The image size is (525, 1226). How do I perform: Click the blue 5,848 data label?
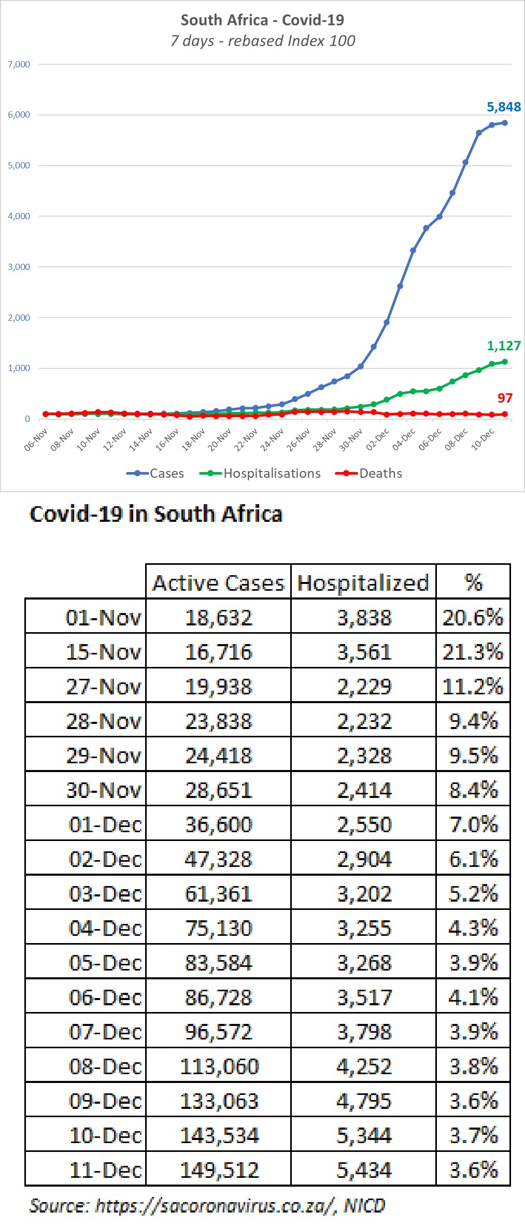pyautogui.click(x=503, y=107)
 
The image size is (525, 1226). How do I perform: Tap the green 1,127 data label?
pyautogui.click(x=503, y=346)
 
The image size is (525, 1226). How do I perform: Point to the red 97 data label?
pyautogui.click(x=505, y=398)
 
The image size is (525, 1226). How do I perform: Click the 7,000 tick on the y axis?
pyautogui.click(x=19, y=65)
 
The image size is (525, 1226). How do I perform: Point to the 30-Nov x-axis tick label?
pyautogui.click(x=351, y=440)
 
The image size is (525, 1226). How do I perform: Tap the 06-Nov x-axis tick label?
pyautogui.click(x=36, y=440)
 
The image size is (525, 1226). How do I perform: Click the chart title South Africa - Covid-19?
pyautogui.click(x=262, y=20)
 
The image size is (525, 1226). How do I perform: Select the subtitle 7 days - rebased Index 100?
pyautogui.click(x=262, y=41)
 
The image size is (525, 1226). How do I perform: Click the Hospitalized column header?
pyautogui.click(x=363, y=583)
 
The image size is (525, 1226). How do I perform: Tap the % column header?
pyautogui.click(x=473, y=583)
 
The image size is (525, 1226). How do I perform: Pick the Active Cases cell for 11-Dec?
pyautogui.click(x=219, y=1170)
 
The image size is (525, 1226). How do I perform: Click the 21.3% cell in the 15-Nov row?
pyautogui.click(x=473, y=652)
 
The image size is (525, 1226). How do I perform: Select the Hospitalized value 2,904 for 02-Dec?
pyautogui.click(x=364, y=859)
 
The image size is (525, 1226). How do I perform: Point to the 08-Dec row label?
pyautogui.click(x=105, y=1066)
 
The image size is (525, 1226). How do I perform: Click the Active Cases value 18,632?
pyautogui.click(x=219, y=618)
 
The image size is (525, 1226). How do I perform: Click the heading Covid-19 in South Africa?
pyautogui.click(x=155, y=514)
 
